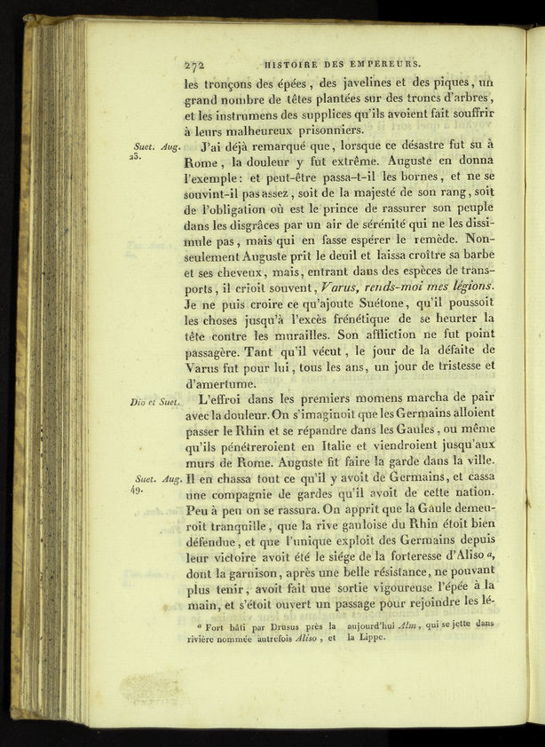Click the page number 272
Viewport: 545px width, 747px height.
[194, 65]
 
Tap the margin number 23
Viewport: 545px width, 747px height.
[135, 156]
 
